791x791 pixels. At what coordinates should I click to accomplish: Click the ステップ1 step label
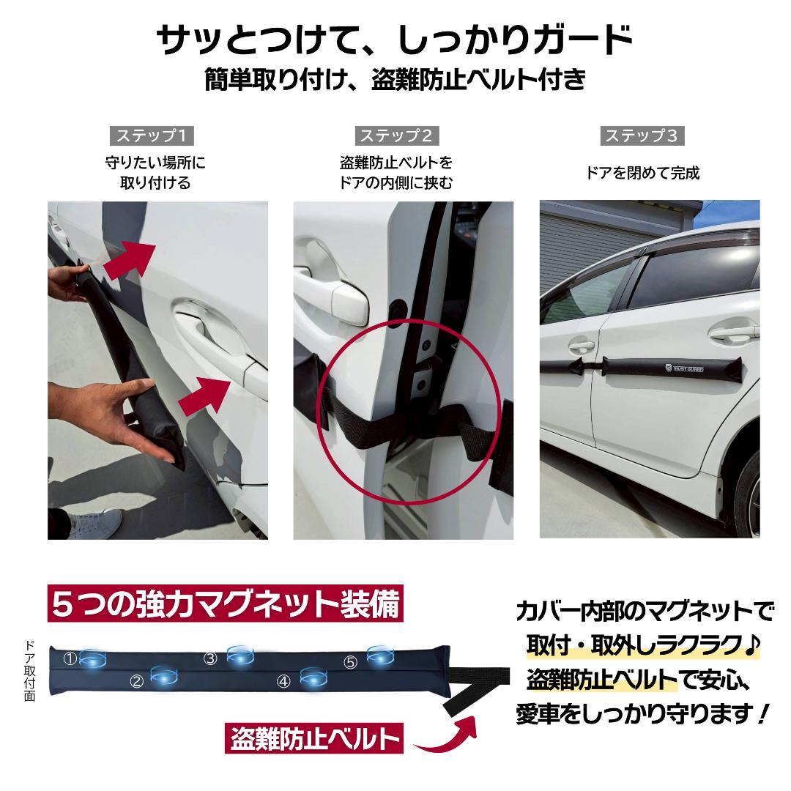coord(153,135)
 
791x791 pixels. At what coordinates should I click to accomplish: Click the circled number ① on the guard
coord(70,659)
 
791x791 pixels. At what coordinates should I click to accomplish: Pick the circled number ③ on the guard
coord(211,658)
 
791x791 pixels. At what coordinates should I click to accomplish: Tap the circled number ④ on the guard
coord(284,682)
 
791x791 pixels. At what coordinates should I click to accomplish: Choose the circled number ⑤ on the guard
coord(350,662)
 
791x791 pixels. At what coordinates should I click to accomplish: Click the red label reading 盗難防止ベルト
coord(314,738)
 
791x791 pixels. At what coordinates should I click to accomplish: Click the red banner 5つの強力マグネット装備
coord(226,606)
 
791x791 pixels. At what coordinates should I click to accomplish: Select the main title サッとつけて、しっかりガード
coord(395,41)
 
